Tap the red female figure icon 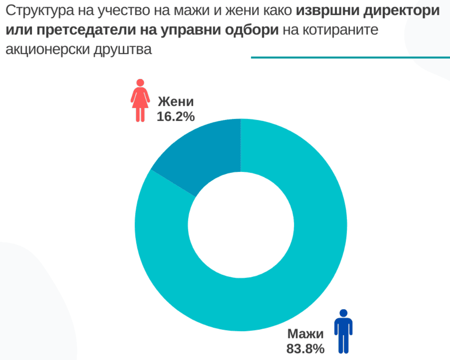(140, 100)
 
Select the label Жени (176, 101)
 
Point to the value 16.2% (176, 117)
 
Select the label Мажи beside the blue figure (305, 334)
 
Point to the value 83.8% (305, 349)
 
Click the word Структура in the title (40, 11)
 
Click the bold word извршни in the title (327, 11)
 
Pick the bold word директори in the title (402, 11)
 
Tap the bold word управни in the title (190, 30)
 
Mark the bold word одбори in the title (252, 30)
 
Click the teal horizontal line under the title (351, 58)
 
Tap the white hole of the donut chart (241, 225)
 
